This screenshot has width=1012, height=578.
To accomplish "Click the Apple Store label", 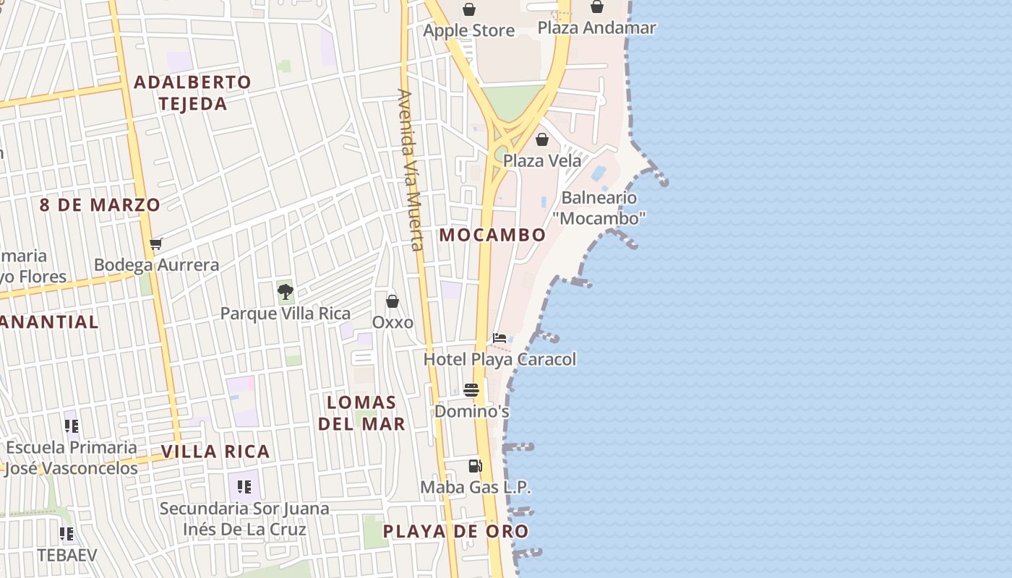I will click(468, 30).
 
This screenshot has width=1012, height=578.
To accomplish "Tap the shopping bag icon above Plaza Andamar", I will click(597, 7).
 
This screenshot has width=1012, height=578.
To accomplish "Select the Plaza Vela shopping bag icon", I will click(542, 139).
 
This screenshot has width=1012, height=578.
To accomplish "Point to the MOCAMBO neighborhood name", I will click(492, 235).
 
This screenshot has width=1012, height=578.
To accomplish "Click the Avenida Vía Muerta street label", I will click(409, 170).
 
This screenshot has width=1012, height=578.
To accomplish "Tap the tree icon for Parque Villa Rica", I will click(286, 292).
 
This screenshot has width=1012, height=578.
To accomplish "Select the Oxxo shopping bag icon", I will click(393, 301).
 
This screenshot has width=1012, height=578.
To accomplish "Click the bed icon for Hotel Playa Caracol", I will click(499, 337).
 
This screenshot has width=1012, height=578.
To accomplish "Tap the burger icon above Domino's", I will click(471, 390).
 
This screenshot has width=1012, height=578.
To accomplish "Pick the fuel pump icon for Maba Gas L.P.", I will click(475, 466).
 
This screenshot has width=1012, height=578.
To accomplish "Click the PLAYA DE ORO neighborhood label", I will click(455, 532).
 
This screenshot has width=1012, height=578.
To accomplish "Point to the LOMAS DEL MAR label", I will click(361, 413).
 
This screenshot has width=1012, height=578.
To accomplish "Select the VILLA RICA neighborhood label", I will click(215, 452).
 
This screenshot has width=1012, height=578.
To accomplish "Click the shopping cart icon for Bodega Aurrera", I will click(156, 243).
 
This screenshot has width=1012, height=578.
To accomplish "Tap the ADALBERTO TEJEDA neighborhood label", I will click(192, 92).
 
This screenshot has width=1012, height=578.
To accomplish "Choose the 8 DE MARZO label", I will click(100, 204).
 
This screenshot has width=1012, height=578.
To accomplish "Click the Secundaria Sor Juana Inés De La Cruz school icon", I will click(244, 487).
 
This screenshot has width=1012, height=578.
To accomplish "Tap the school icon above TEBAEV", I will click(67, 534).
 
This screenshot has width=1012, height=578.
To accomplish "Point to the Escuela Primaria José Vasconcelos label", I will click(71, 457).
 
